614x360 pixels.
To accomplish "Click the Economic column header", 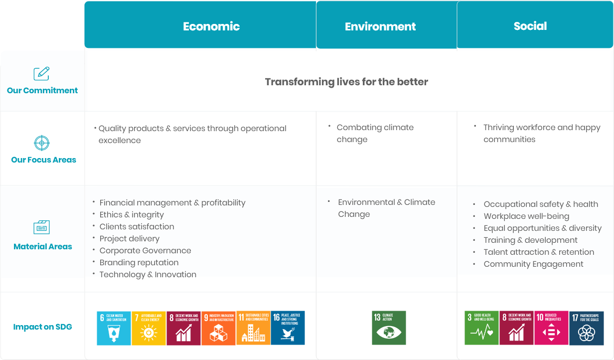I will click(x=211, y=26).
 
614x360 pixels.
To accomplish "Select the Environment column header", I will click(x=380, y=26).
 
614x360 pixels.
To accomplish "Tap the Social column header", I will click(x=530, y=26).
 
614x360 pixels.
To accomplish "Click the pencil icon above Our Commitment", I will click(x=41, y=74).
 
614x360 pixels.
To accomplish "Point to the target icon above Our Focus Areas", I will click(x=42, y=143).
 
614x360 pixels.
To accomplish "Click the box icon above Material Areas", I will click(x=42, y=227).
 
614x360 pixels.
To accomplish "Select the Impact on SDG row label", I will click(x=42, y=327).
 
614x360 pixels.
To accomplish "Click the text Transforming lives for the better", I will click(x=346, y=82).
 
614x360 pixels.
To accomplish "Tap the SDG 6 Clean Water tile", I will click(x=114, y=328).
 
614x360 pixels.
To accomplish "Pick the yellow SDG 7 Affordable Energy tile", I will click(x=149, y=328).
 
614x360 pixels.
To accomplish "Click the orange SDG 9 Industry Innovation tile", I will click(x=218, y=328).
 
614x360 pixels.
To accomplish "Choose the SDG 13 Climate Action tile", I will click(x=389, y=328).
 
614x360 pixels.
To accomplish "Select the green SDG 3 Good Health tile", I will click(x=481, y=328).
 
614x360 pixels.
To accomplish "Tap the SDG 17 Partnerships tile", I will click(x=586, y=328).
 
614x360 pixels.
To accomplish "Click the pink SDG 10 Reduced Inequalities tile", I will click(x=551, y=328).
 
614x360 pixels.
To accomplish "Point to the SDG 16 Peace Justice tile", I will click(x=288, y=328).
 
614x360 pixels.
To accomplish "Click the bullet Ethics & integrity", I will click(x=132, y=215).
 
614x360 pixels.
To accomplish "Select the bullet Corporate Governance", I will click(x=145, y=251).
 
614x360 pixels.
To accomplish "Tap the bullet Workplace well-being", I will click(x=526, y=216).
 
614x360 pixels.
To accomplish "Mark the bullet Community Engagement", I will click(x=533, y=264).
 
